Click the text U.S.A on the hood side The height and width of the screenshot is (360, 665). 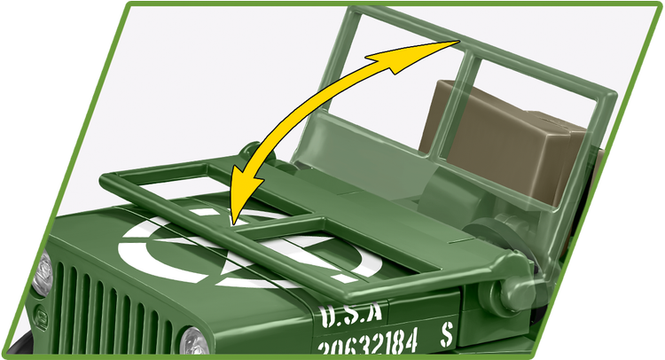(351, 316)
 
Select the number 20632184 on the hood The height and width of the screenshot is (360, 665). (368, 343)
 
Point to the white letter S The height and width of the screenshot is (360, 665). (446, 335)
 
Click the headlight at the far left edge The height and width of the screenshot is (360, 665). (43, 273)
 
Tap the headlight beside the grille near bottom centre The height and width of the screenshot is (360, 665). (194, 341)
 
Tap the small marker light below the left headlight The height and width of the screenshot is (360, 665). (41, 316)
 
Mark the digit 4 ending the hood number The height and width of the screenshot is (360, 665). (411, 340)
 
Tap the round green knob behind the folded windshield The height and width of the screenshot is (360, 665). (254, 152)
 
